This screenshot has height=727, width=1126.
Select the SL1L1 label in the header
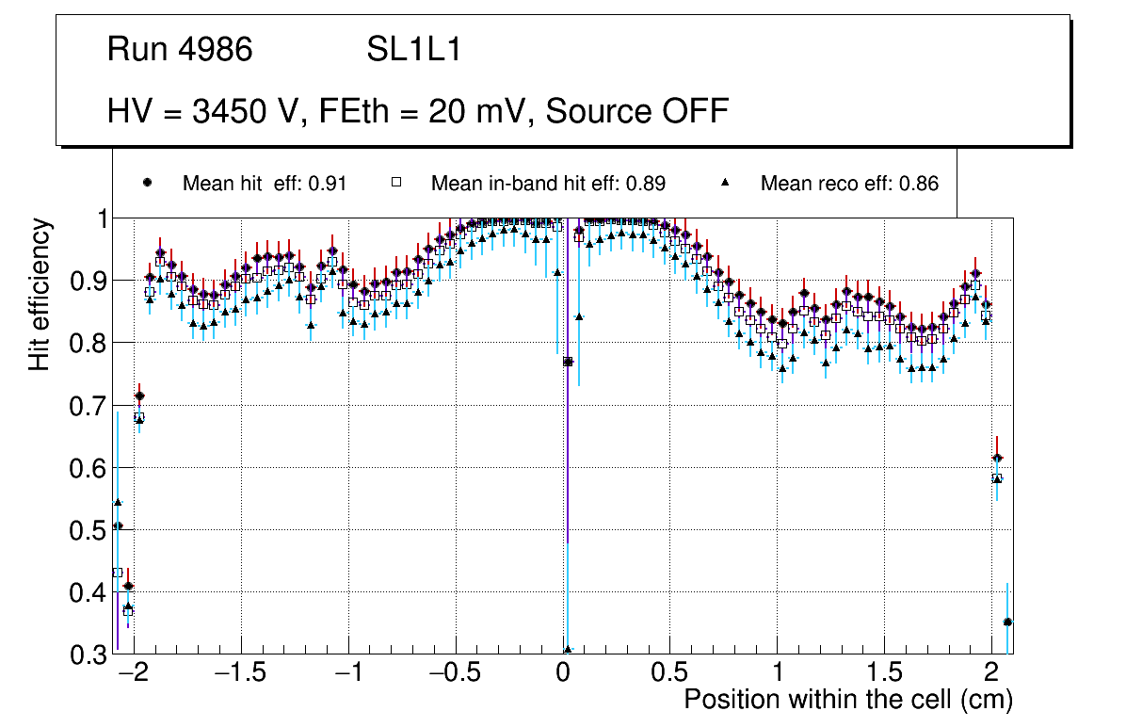click(414, 50)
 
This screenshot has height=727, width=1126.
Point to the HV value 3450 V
click(246, 111)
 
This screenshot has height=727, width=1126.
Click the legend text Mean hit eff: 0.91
click(265, 184)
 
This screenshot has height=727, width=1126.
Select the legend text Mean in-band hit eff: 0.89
click(548, 184)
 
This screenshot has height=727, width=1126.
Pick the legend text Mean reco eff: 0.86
click(849, 184)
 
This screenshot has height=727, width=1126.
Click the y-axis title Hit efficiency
click(40, 294)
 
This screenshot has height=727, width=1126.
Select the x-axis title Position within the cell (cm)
click(847, 701)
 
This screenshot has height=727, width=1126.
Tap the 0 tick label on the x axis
click(563, 675)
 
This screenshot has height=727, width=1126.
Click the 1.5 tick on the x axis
click(884, 675)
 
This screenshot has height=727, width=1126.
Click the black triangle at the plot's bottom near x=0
click(568, 650)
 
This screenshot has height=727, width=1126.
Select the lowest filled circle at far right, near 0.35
click(1007, 622)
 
